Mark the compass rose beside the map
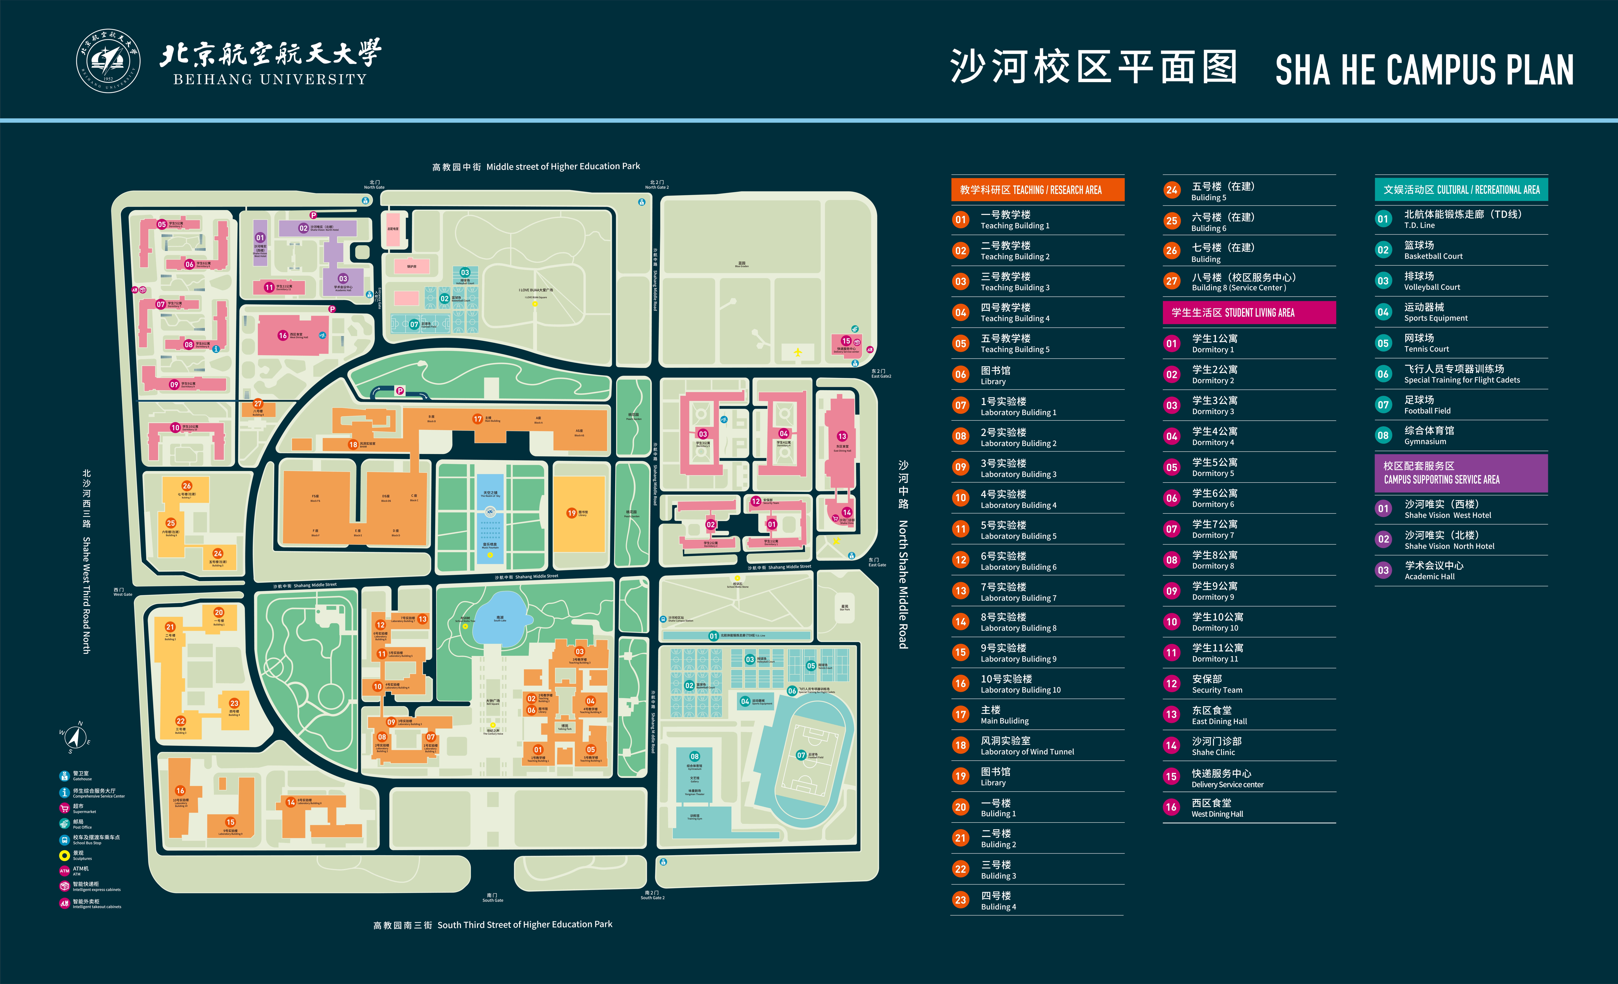75,737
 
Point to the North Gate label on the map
374,185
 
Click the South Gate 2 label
652,895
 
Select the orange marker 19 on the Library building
571,513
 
